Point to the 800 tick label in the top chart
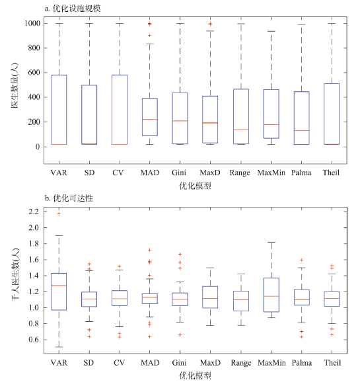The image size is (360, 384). [x=34, y=48]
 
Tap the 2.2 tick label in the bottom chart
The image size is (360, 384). [x=34, y=211]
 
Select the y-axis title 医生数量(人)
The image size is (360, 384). [x=15, y=85]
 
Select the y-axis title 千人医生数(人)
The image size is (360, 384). [x=15, y=274]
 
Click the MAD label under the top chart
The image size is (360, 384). [x=150, y=173]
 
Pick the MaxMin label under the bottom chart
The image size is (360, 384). [x=271, y=363]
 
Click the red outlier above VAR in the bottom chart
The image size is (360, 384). [x=59, y=213]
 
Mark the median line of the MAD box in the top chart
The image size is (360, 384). [x=150, y=119]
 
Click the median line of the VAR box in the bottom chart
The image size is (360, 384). [x=59, y=286]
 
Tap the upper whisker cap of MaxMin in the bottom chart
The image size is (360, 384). [x=271, y=242]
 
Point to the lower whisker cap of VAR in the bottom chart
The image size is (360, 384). [x=59, y=347]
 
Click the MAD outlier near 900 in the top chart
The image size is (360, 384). [x=150, y=36]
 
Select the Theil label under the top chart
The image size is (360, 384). [x=331, y=173]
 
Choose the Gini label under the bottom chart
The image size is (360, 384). [x=179, y=363]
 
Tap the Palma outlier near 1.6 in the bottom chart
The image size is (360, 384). [x=301, y=260]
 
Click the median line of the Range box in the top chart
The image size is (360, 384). [x=241, y=130]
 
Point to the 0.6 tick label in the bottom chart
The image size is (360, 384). [x=34, y=340]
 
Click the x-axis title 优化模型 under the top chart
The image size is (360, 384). [x=195, y=186]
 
